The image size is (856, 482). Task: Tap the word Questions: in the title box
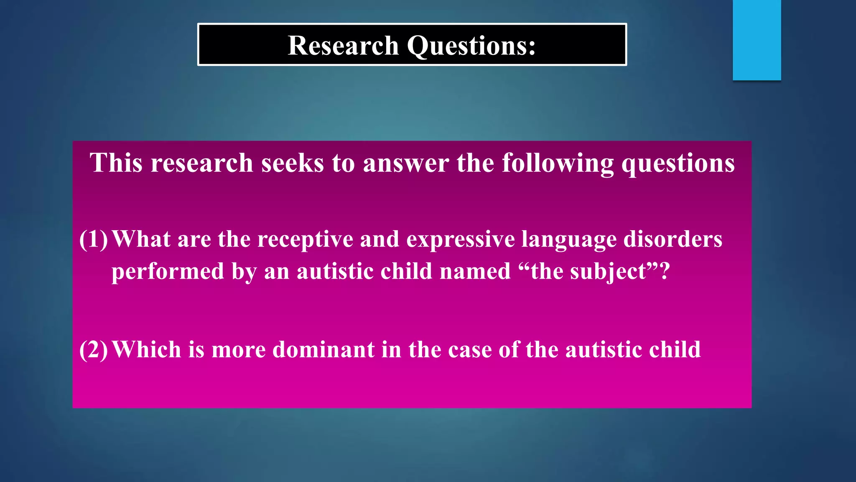click(471, 46)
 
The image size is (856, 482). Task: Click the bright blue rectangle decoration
click(757, 40)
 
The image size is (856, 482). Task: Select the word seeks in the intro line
click(293, 163)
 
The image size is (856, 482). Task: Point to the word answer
click(406, 163)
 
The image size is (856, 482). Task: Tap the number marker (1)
click(94, 239)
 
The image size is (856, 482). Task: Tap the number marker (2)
click(94, 350)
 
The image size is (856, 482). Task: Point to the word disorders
click(673, 239)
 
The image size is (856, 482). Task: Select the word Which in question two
click(146, 350)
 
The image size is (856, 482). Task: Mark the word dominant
click(324, 350)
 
